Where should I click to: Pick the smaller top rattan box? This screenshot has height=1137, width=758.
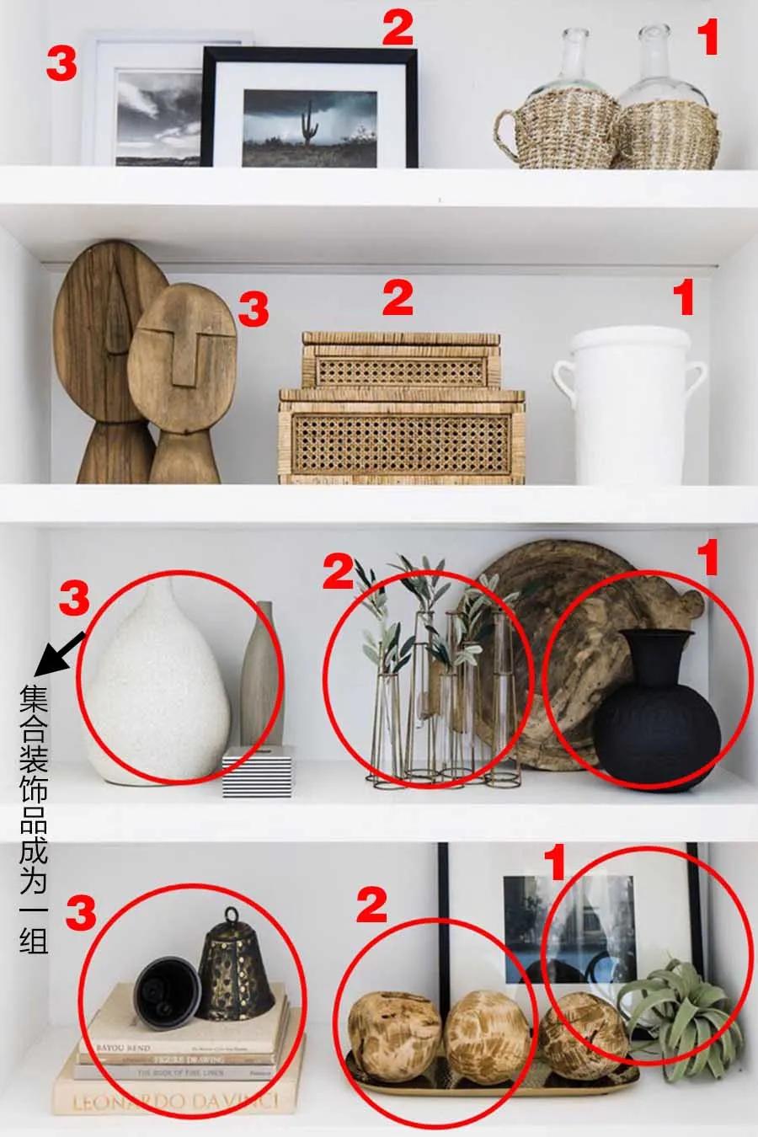(x=400, y=360)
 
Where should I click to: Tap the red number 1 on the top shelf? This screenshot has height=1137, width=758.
(x=708, y=37)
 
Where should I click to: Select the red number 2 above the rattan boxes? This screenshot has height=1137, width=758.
(x=398, y=298)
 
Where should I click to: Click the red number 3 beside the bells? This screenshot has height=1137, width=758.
(x=82, y=913)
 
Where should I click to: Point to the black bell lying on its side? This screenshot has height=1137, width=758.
(x=166, y=992)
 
